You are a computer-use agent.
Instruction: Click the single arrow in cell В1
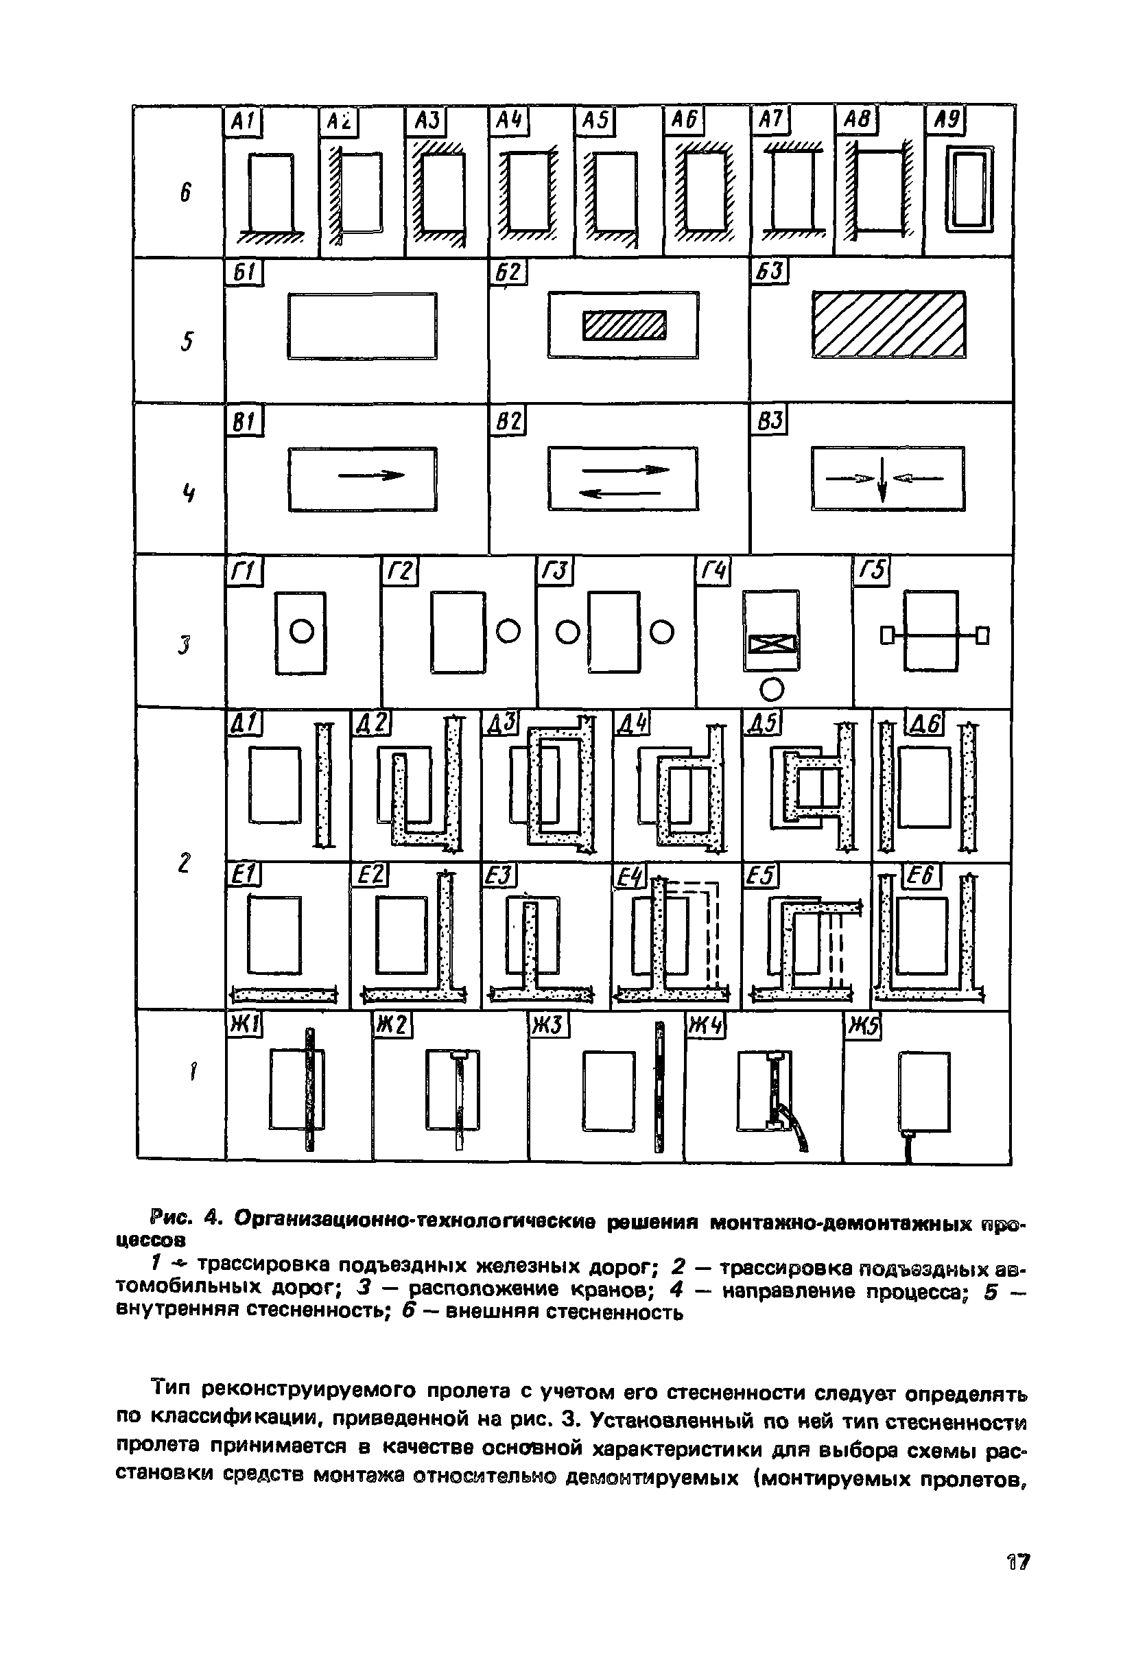(x=371, y=475)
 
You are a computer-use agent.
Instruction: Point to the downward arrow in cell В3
(x=883, y=480)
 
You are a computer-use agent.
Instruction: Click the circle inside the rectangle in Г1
(x=301, y=632)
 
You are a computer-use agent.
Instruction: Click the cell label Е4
(x=629, y=877)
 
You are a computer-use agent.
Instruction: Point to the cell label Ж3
(x=548, y=1026)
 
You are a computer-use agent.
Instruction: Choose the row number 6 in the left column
(x=186, y=192)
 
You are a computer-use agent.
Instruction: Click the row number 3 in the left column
(x=186, y=646)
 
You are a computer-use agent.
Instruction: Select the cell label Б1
(x=244, y=273)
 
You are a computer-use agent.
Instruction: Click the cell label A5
(x=594, y=121)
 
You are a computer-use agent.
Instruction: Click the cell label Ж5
(x=862, y=1028)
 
